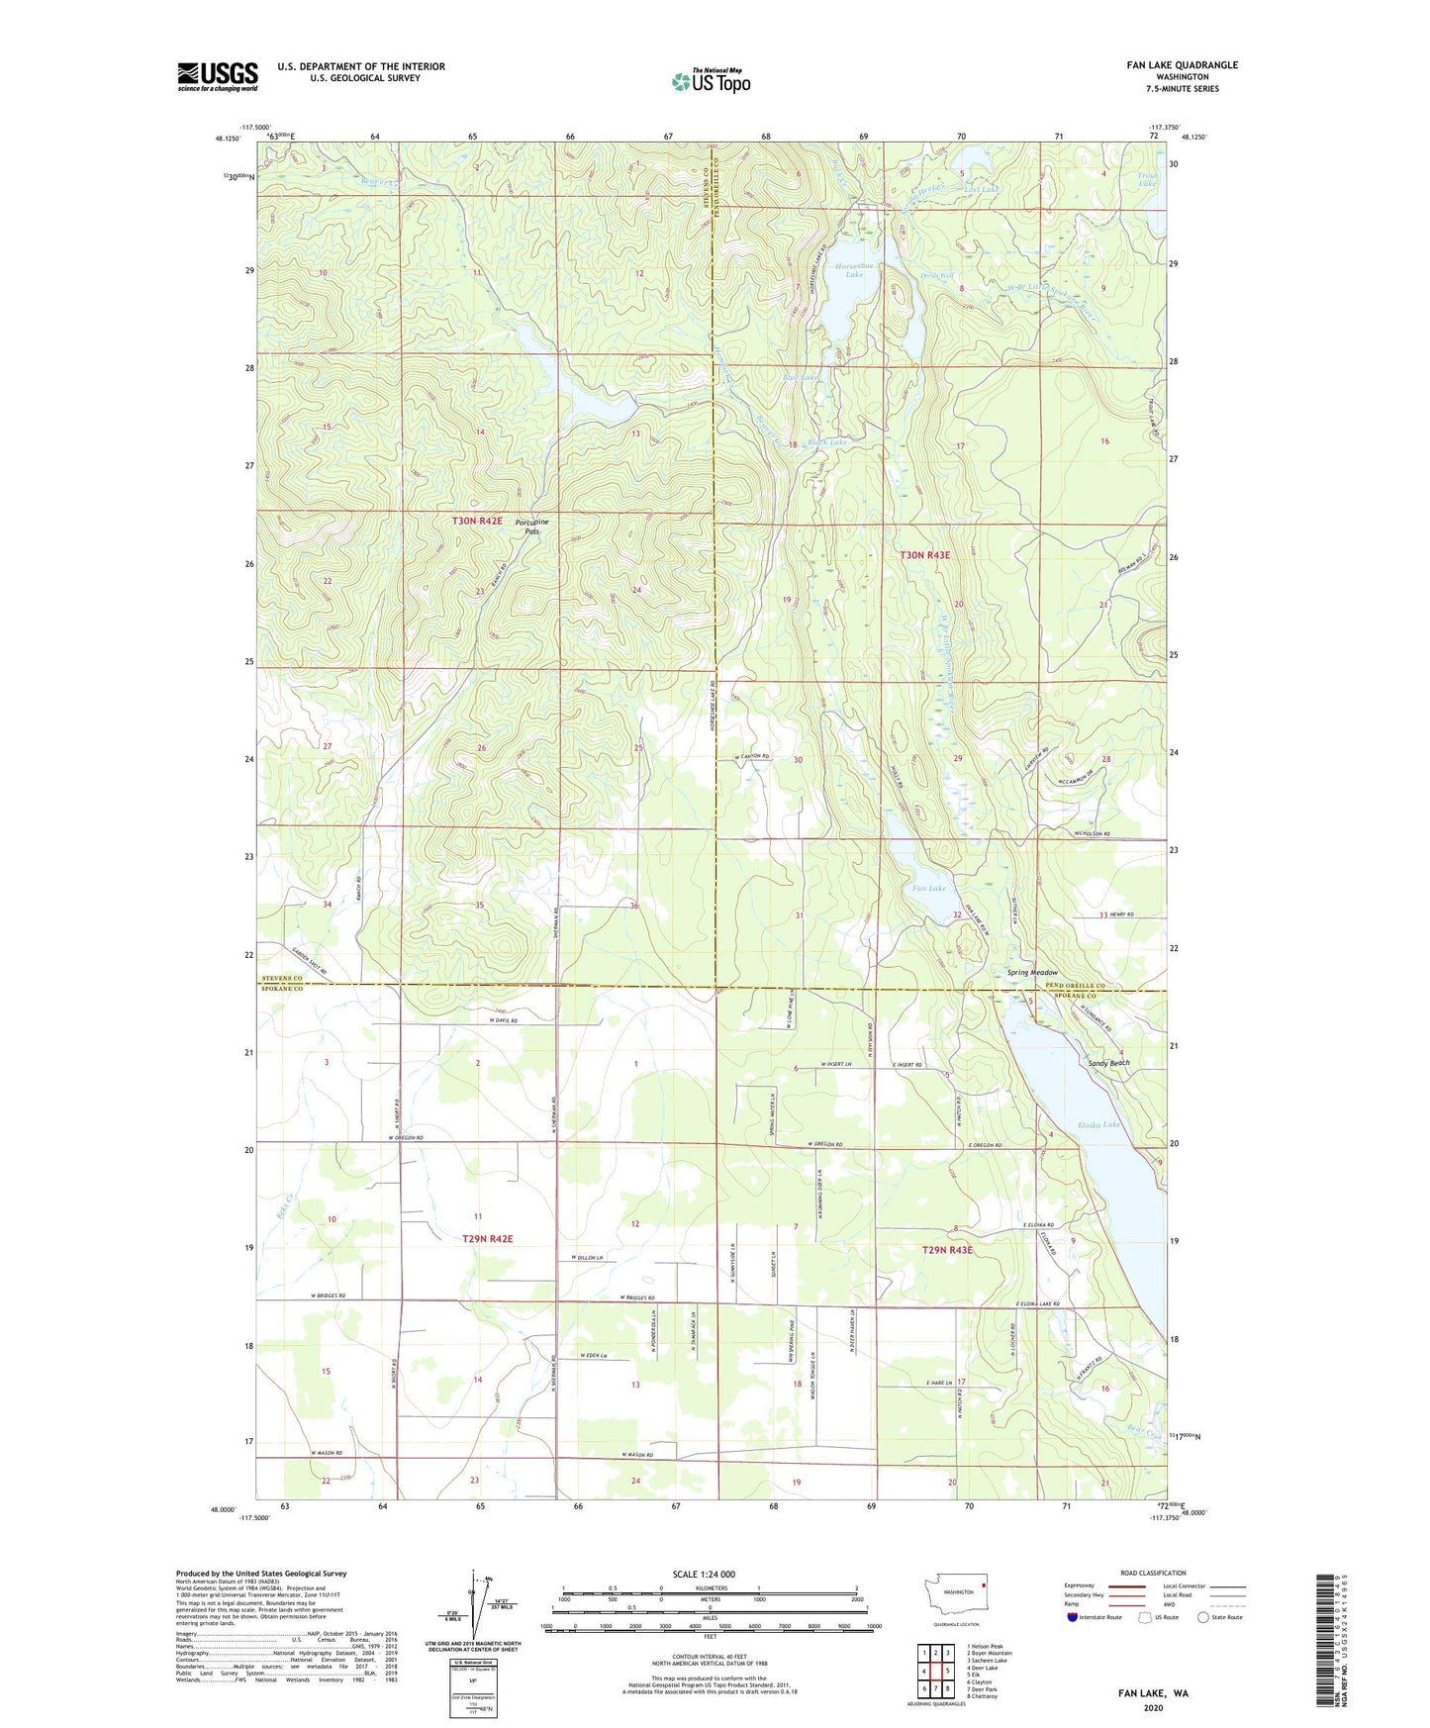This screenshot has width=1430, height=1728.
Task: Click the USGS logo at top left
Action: click(x=218, y=76)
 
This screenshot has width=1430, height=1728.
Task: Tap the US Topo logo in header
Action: click(x=711, y=81)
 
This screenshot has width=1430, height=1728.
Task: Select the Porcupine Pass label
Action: click(x=533, y=526)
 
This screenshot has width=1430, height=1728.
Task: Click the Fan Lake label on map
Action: click(x=928, y=888)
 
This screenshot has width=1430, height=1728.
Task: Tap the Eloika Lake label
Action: click(x=1099, y=1124)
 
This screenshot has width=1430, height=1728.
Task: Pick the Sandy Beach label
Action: click(x=1108, y=1063)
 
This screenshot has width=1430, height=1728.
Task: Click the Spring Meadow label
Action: click(x=1032, y=973)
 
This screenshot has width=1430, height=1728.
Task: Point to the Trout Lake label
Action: click(x=1147, y=179)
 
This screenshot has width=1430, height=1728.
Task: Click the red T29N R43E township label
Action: click(x=947, y=1250)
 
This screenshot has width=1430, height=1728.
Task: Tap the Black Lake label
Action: click(x=828, y=442)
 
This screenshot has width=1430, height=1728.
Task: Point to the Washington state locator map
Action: click(x=955, y=1593)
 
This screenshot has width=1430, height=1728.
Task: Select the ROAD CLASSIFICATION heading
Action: click(x=1153, y=1573)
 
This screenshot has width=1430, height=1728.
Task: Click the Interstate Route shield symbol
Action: click(x=1074, y=1617)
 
